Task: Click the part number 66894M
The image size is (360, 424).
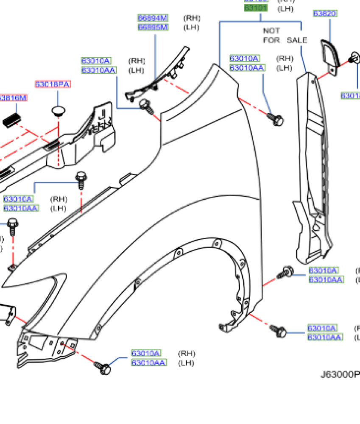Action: coord(153,18)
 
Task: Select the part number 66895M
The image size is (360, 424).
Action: coord(153,27)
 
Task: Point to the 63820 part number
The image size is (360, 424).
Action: coord(325,14)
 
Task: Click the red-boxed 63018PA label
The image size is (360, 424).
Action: coord(53,84)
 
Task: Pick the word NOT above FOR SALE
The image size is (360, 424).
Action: coord(271,31)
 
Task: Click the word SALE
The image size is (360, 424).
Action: coord(297,40)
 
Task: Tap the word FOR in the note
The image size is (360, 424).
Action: coord(271,40)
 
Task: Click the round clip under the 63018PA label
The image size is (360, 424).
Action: coord(59,111)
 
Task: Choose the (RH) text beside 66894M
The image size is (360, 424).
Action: coord(192,18)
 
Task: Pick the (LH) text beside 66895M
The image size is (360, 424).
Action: coord(192,27)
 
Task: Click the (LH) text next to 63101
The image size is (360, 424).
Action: coord(285,8)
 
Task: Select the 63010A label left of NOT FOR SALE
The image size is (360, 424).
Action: coord(245,58)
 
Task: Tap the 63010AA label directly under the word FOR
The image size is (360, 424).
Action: coord(248,67)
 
